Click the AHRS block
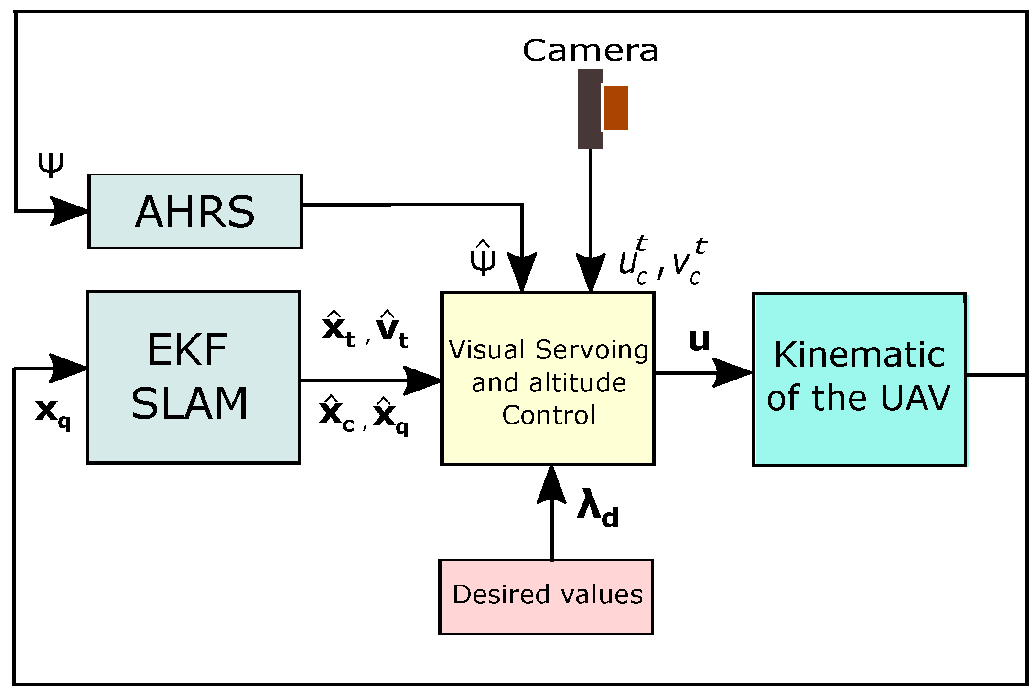point(195,211)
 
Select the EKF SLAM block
point(194,377)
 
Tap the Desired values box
point(546,596)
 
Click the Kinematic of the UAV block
point(859,379)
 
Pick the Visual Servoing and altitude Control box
point(548,379)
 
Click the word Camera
point(590,51)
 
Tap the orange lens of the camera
point(616,108)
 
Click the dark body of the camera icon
point(589,109)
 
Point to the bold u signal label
point(699,341)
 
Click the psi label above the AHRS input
point(50,164)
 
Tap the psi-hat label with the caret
point(483,258)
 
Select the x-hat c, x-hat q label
point(364,416)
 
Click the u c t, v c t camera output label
point(662,262)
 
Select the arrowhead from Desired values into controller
point(551,485)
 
